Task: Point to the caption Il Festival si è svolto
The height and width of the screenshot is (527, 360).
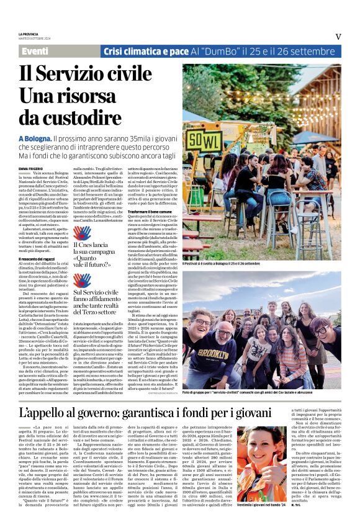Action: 221,264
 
